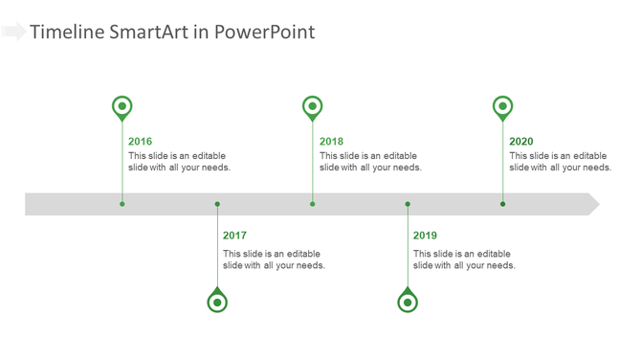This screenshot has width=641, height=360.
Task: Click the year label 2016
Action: pos(140,142)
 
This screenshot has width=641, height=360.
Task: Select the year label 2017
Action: pos(234,236)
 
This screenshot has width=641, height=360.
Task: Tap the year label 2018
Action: pos(331,142)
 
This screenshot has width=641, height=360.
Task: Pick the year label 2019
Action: pos(425,236)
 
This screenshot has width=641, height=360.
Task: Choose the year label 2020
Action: pos(521,142)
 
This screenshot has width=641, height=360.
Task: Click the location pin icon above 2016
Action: pos(122,107)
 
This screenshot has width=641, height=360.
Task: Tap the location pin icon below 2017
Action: pos(217,302)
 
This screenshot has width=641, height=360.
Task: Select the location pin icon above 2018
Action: pos(313,107)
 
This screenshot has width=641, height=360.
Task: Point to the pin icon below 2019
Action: pos(408,302)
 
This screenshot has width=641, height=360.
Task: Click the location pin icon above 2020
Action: pos(503,107)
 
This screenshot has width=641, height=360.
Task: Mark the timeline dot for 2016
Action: pos(122,204)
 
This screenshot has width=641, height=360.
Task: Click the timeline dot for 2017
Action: pos(217,204)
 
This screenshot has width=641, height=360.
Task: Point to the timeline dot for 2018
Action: pos(313,204)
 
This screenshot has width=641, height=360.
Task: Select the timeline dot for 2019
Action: pos(408,204)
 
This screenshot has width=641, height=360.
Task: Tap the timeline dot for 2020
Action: pos(503,204)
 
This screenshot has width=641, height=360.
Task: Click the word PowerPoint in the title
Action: pos(264,33)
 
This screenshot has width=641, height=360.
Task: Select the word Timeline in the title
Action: pos(66,33)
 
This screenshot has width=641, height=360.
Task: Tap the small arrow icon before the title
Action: pos(13,33)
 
